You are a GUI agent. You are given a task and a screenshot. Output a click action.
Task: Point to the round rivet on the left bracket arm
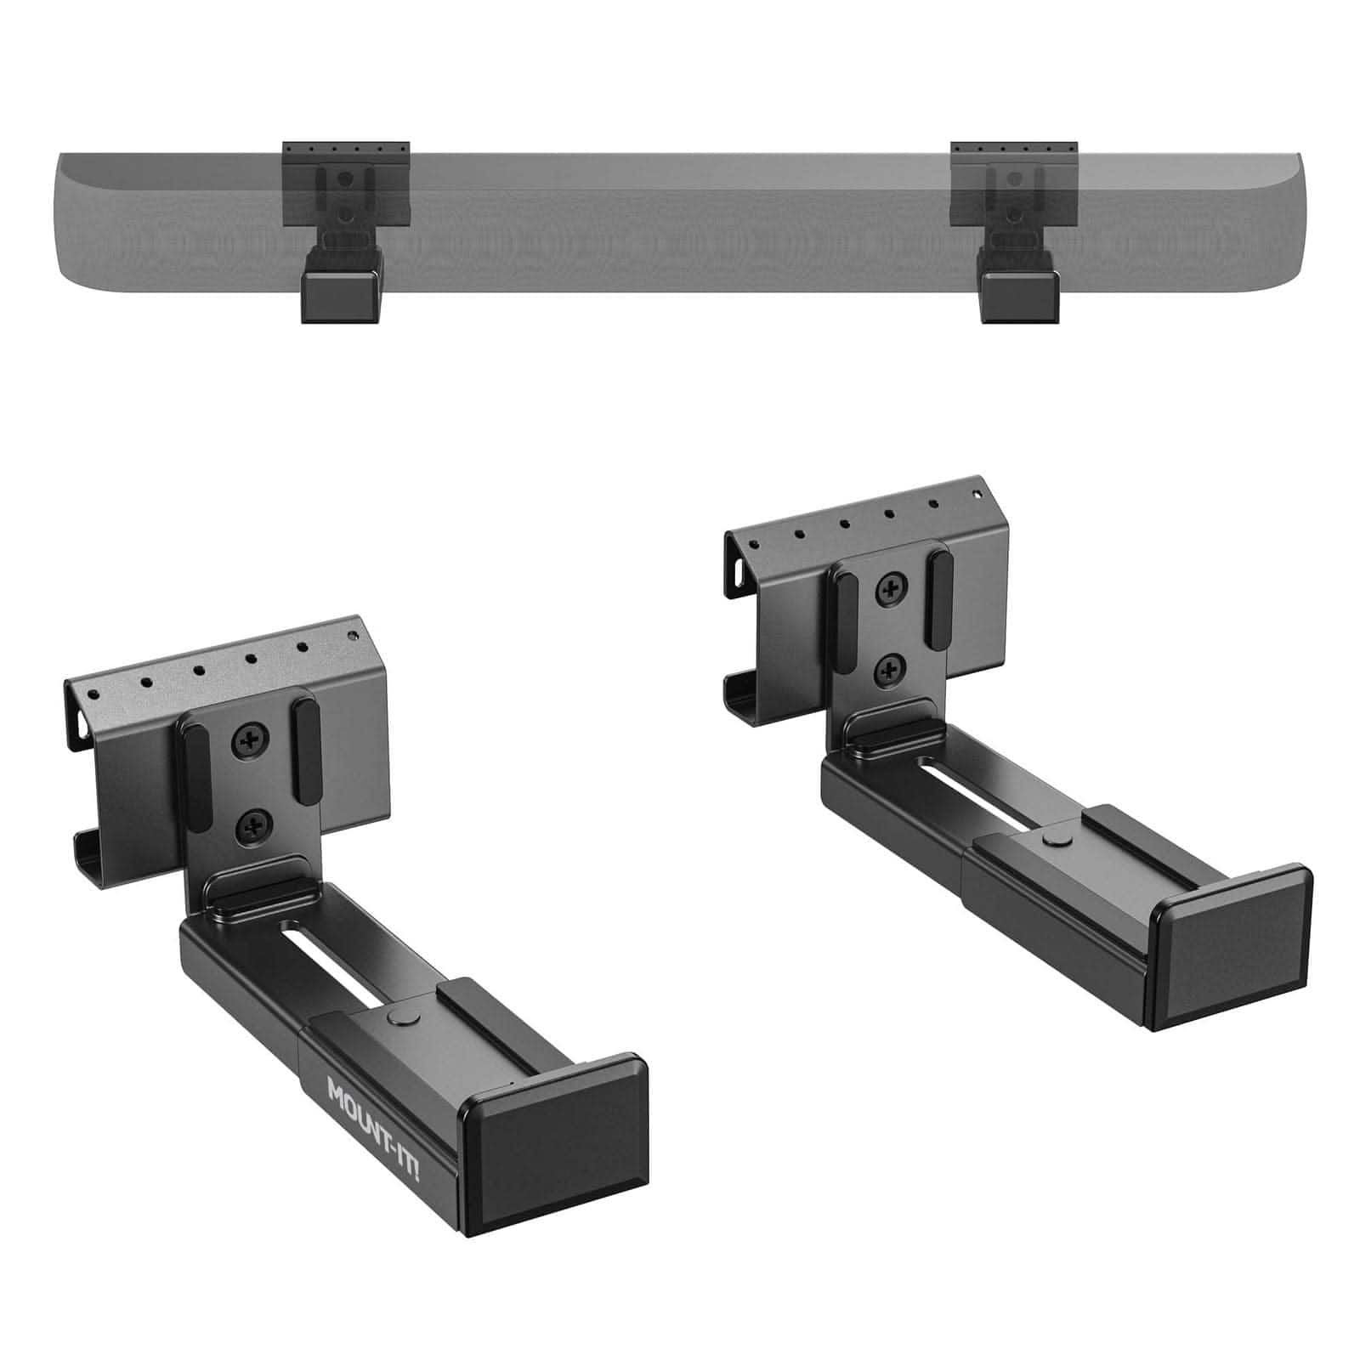(x=399, y=1017)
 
